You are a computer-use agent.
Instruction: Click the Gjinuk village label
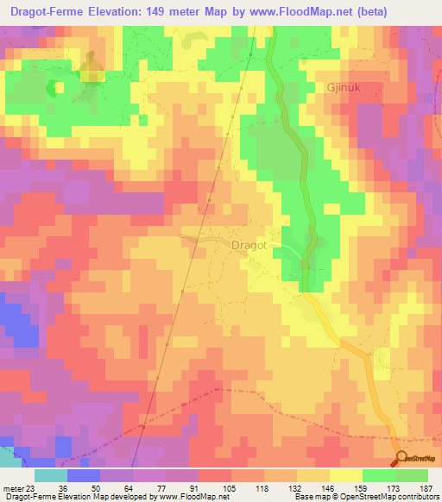click(x=348, y=87)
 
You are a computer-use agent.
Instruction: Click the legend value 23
click(x=32, y=487)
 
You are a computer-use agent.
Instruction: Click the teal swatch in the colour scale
click(x=50, y=475)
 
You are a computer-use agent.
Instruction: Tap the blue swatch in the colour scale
click(x=83, y=475)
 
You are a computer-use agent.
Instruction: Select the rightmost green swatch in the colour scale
click(x=412, y=475)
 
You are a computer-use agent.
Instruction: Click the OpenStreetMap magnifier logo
click(x=403, y=458)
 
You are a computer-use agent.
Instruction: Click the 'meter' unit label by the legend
click(x=11, y=487)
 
